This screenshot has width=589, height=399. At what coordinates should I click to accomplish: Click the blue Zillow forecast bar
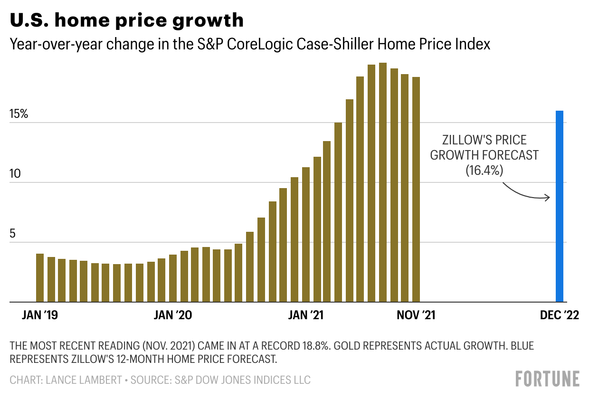coord(560,206)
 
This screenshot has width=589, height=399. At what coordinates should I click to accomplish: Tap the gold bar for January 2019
coord(40,278)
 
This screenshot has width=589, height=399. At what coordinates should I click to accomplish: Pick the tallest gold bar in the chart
coord(383,182)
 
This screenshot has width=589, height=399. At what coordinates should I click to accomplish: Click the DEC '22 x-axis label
coord(559,315)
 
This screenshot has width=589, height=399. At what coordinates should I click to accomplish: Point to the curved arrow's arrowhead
coord(548,198)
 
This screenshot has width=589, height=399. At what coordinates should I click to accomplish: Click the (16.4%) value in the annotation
coord(484,170)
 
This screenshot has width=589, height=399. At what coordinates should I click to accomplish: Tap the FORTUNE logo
coord(547,379)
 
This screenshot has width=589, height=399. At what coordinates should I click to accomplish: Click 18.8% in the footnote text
coord(313,346)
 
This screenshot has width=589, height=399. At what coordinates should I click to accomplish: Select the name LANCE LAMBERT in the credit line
coord(83,380)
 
